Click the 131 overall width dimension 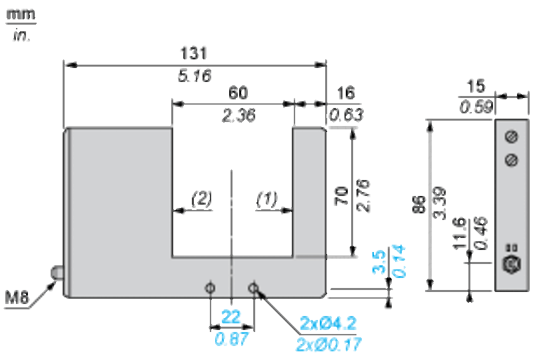[193, 53]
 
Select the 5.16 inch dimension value [195, 75]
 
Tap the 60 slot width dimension [239, 93]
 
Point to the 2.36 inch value [239, 115]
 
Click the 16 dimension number [346, 93]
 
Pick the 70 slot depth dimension [341, 195]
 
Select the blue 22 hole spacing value [231, 317]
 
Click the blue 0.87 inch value [231, 339]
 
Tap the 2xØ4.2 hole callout [328, 323]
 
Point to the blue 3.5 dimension [379, 262]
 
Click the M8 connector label [16, 298]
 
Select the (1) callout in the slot [267, 199]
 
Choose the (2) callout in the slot [202, 199]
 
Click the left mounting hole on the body [211, 288]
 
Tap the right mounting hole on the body [253, 288]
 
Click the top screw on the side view [512, 137]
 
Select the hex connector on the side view [512, 264]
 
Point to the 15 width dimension [476, 87]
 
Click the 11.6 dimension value [459, 233]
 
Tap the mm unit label [21, 14]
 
